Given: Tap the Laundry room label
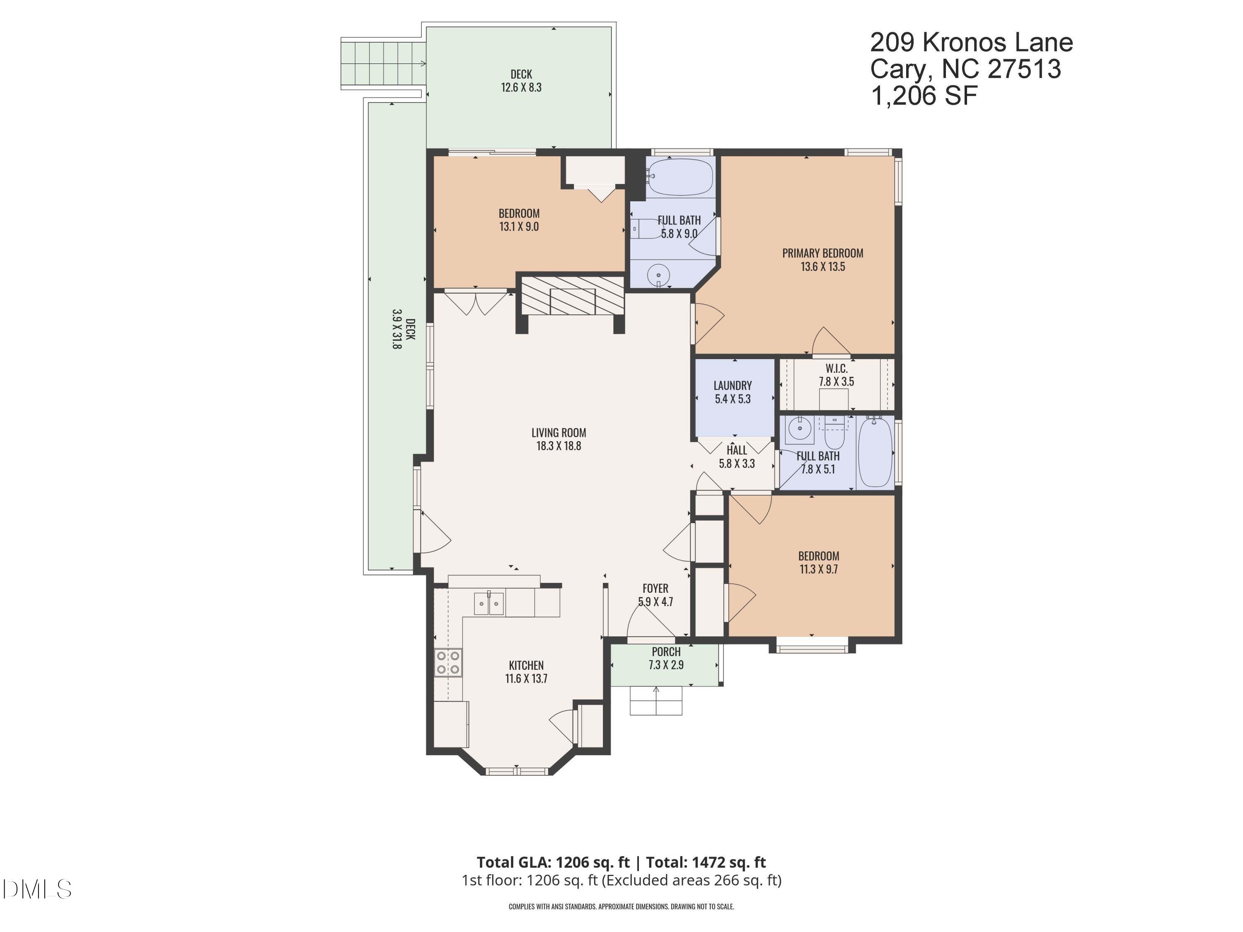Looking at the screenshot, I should click(732, 385).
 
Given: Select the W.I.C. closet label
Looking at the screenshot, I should click(836, 369).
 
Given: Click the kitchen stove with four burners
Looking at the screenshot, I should click(448, 662).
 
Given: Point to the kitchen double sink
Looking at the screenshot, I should click(489, 604).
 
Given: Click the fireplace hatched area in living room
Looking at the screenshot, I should click(572, 295).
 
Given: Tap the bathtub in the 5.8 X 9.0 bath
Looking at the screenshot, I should click(680, 177).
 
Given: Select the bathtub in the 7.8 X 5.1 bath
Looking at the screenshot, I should click(875, 452).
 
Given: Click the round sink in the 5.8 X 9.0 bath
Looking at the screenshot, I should click(658, 275).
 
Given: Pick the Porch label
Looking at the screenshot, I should click(666, 652).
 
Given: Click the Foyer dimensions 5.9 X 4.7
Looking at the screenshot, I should click(655, 602).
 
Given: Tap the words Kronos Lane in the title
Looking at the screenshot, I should click(997, 43).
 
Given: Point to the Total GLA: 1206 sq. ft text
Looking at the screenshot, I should click(553, 862).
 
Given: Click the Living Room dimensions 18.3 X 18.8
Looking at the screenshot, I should click(559, 446).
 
